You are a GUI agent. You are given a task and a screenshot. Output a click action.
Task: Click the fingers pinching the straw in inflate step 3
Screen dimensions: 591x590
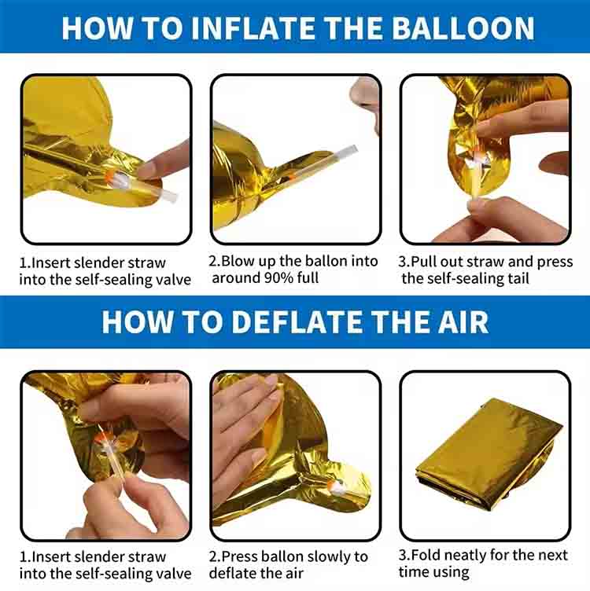[480, 206]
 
